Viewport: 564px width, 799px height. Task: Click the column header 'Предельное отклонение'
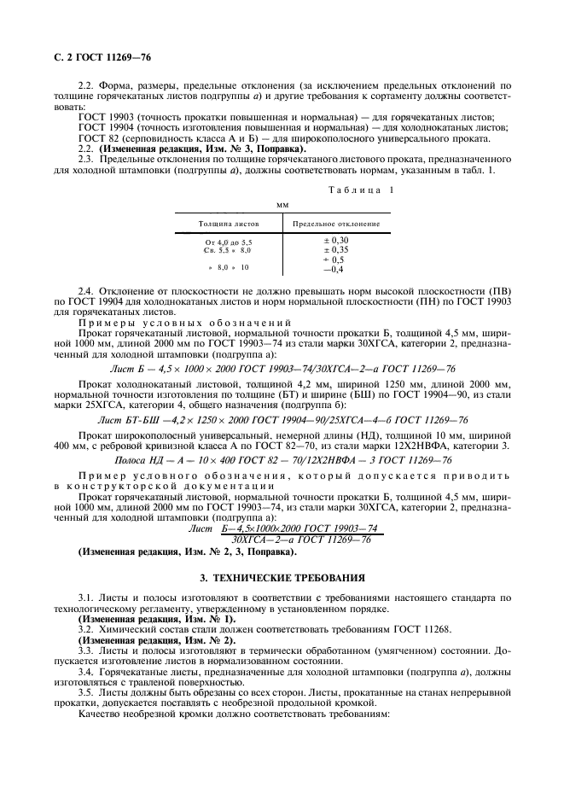336,224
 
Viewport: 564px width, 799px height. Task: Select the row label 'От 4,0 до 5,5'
228,242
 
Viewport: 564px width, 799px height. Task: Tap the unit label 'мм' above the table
282,206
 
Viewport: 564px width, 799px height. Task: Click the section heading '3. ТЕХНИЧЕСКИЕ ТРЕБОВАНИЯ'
282,577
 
